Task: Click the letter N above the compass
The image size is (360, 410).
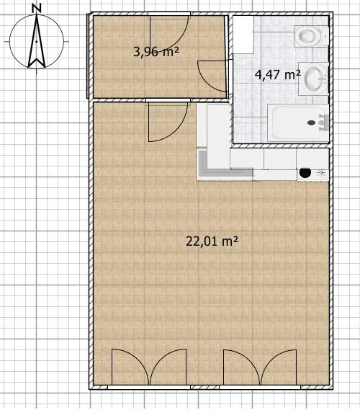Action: tap(36, 9)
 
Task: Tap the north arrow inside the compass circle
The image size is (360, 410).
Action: tap(37, 41)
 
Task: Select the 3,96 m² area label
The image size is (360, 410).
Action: tap(156, 51)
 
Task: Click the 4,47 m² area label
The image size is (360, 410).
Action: tap(277, 75)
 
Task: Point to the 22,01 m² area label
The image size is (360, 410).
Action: tap(212, 241)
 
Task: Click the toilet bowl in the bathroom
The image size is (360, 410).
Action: tap(308, 35)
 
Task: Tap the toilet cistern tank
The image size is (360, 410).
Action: tap(325, 36)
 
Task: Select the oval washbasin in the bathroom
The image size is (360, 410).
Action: tap(314, 79)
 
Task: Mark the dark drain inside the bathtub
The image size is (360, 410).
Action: tap(312, 122)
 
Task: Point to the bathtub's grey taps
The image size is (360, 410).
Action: tap(323, 122)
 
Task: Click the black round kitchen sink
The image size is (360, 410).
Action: tap(305, 172)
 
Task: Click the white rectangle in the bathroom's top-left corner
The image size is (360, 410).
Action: tap(243, 35)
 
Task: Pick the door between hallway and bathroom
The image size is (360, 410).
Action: tap(213, 76)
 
